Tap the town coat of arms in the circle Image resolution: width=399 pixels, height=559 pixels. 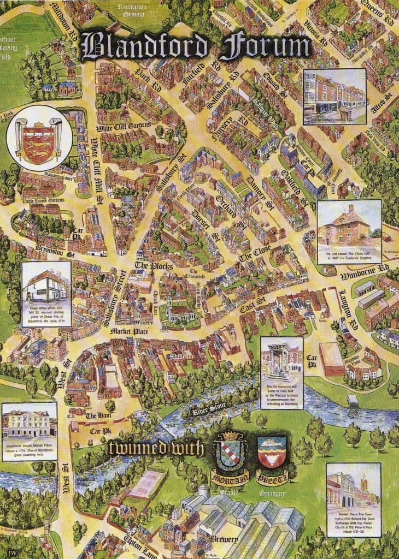[x=34, y=139]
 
